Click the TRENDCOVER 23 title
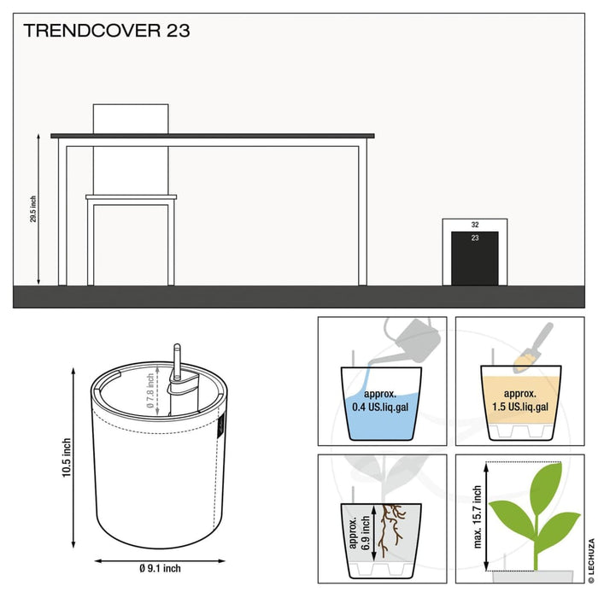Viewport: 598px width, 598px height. point(107,31)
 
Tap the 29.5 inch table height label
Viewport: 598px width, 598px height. point(33,209)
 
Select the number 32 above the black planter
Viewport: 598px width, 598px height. point(475,225)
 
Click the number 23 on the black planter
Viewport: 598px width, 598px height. point(475,238)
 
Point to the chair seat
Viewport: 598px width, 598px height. point(132,197)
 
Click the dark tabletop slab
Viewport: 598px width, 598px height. point(213,136)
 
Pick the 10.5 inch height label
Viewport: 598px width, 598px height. point(67,458)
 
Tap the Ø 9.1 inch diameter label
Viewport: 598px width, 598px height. point(160,569)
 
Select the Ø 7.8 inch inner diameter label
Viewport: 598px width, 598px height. point(150,390)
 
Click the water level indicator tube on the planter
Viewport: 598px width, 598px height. point(177,361)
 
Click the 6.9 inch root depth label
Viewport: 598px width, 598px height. point(366,532)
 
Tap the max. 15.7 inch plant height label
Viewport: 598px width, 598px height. point(477,517)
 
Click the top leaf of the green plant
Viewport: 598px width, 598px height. point(547,484)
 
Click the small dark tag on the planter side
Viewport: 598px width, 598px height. point(221,425)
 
